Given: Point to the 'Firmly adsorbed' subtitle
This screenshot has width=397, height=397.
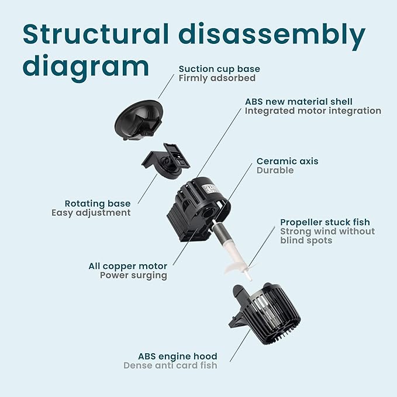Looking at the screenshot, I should (x=217, y=78).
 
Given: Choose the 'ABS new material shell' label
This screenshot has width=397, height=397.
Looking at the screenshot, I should (x=299, y=102).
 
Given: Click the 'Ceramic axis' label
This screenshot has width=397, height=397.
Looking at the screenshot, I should (x=288, y=161).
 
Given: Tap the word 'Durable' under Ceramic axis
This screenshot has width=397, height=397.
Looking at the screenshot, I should (x=275, y=171).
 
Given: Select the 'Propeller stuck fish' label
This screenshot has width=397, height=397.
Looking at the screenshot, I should (x=325, y=222).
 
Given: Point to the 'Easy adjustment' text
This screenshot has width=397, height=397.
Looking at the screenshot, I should (x=91, y=213).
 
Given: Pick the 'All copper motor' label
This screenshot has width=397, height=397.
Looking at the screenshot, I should (x=127, y=266).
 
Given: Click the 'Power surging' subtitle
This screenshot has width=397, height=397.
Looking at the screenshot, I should (x=133, y=275).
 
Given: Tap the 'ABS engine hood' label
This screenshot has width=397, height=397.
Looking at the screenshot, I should (x=178, y=356).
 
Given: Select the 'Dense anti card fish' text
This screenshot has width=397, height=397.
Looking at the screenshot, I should (x=170, y=365).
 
